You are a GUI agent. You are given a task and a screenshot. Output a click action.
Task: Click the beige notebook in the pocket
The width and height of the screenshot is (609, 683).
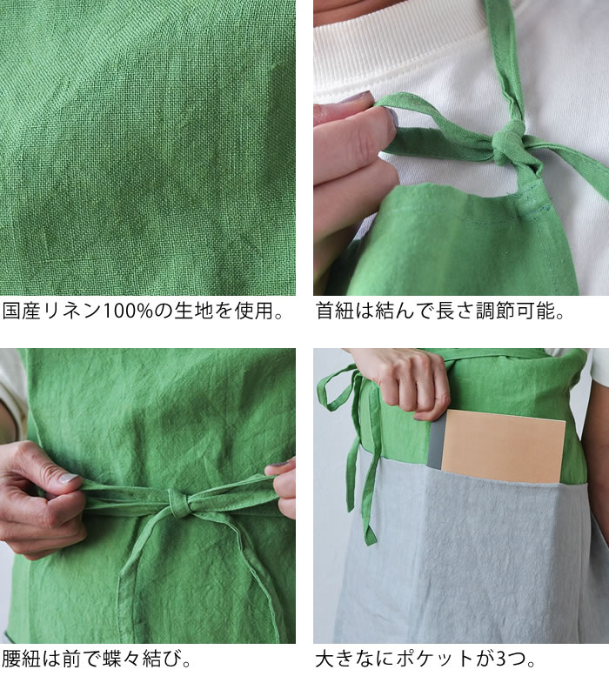503,446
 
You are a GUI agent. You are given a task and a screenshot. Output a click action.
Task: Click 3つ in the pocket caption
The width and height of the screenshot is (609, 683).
510,659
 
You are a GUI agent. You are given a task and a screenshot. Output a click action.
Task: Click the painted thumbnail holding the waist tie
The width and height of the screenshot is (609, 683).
69,479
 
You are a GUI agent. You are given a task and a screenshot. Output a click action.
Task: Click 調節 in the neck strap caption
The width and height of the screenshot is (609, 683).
495,311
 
